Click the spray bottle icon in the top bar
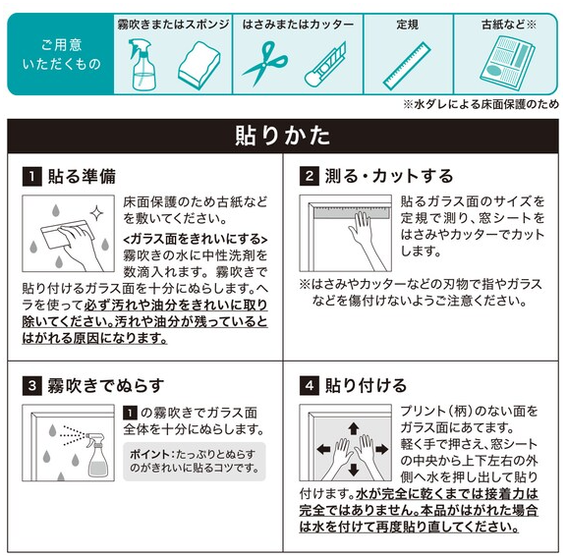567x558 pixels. coord(142,64)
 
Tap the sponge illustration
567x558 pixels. coord(199,65)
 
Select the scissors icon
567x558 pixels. coord(265,63)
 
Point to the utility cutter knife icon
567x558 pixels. coord(325,64)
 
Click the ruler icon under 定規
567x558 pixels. coord(407,66)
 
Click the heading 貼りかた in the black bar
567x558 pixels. coord(283,136)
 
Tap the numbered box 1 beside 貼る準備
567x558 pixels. coord(31,177)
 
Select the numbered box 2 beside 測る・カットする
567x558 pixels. coord(310,176)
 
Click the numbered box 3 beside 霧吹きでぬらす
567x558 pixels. coord(31,386)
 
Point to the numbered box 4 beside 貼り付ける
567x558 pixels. coord(310,386)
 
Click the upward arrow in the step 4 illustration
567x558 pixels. coord(354,428)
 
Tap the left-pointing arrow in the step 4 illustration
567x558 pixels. coord(323,450)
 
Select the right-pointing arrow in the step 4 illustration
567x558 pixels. coord(382,450)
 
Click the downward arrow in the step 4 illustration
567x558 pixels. coord(354,470)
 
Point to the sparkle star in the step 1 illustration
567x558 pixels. coord(96,213)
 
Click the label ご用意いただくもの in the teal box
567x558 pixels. coord(62,55)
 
